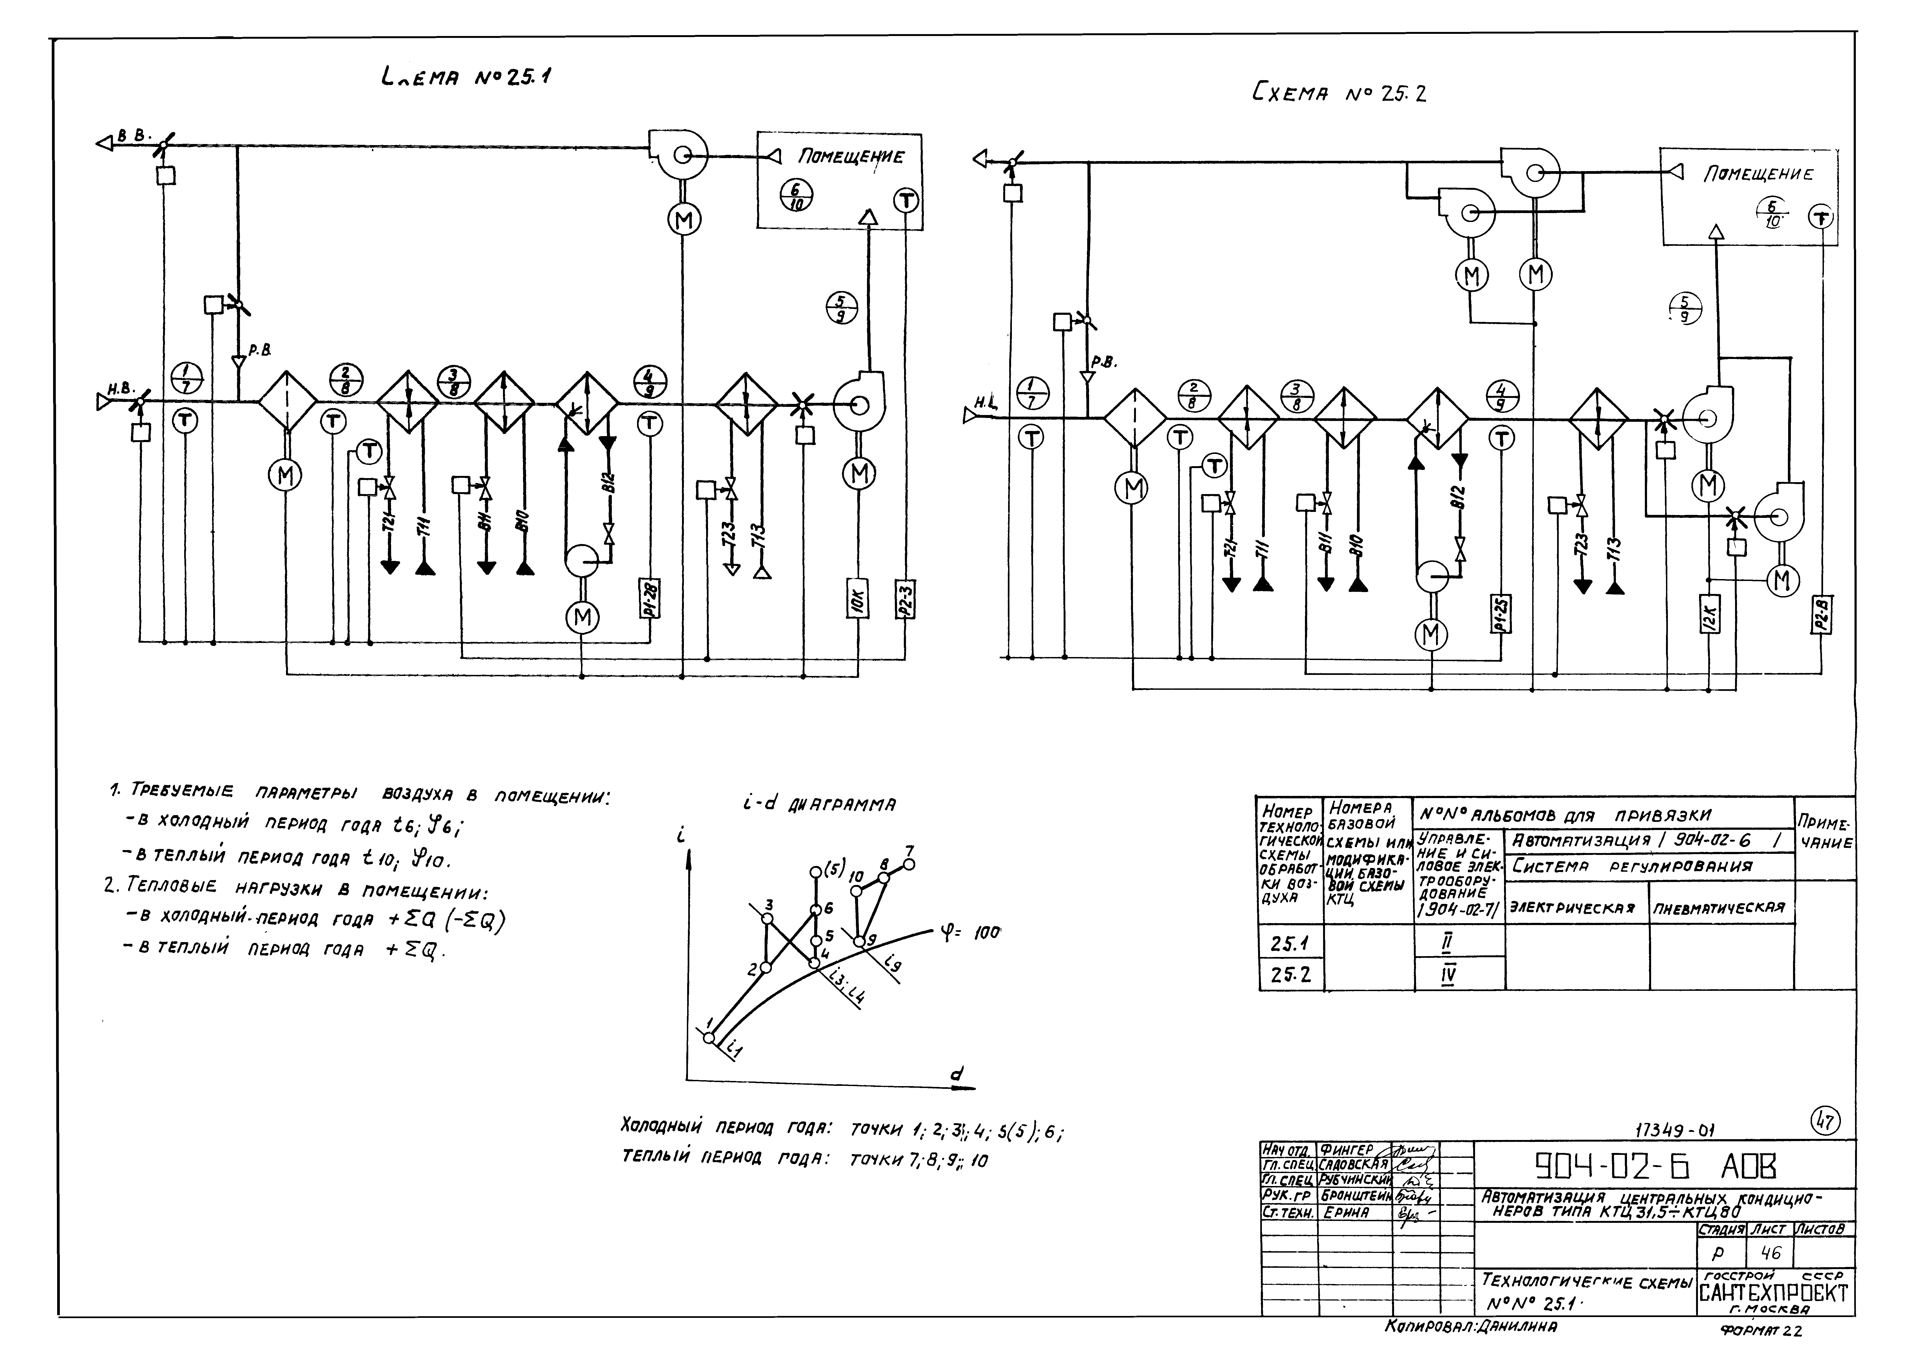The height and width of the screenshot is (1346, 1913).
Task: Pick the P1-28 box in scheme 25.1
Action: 650,598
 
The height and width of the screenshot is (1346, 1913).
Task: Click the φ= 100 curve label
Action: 971,934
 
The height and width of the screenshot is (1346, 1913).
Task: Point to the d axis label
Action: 957,1074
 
